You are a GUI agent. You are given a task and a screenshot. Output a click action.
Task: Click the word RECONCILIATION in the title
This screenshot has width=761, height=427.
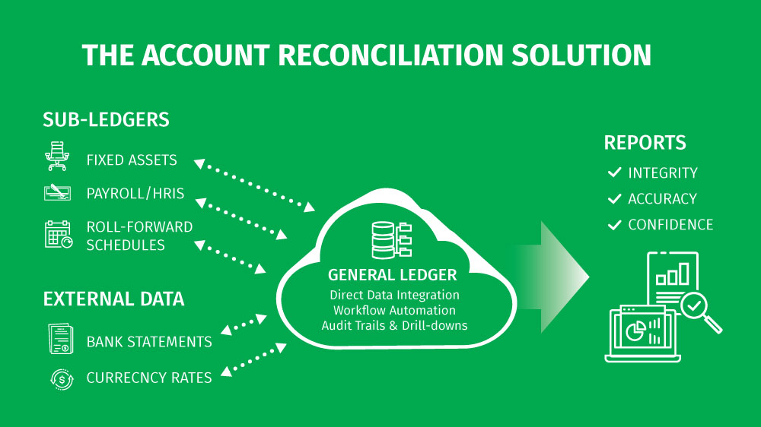(390, 55)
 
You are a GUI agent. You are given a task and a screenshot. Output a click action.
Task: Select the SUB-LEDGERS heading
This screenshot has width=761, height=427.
(106, 120)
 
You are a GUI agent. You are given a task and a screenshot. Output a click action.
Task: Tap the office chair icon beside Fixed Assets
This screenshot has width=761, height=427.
(57, 156)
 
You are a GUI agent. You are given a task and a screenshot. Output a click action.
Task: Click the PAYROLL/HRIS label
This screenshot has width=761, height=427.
(135, 194)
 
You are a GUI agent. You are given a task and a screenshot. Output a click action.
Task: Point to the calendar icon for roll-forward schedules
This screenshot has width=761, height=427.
(59, 235)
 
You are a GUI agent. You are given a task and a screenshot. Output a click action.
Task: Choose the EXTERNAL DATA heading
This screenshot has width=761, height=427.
(113, 299)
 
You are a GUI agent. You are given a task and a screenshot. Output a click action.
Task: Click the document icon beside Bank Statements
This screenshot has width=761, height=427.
(61, 338)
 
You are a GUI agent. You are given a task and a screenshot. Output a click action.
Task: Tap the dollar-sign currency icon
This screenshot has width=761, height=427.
(62, 379)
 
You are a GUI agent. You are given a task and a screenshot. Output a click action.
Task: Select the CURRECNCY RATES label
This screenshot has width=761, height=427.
(149, 378)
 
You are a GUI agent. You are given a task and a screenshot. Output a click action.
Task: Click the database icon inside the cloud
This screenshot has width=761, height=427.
(391, 240)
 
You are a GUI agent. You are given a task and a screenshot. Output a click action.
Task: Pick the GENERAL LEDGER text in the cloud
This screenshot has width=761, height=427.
(392, 275)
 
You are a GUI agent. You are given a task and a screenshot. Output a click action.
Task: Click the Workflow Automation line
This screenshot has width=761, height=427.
(394, 310)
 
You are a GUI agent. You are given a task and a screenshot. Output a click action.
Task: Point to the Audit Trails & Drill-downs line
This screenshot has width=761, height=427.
(394, 325)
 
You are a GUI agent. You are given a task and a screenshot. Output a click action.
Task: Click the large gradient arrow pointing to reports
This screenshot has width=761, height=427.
(553, 277)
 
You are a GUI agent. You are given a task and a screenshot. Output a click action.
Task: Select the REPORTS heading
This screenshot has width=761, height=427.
(645, 143)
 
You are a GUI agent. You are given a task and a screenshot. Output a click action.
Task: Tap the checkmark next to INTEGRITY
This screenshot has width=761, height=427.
(614, 172)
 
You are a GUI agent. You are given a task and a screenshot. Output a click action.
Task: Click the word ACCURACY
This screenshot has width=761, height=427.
(663, 199)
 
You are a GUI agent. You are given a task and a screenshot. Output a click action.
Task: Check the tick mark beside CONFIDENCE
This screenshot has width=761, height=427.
(614, 224)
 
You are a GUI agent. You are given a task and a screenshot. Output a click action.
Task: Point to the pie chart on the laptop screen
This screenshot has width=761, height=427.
(635, 331)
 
